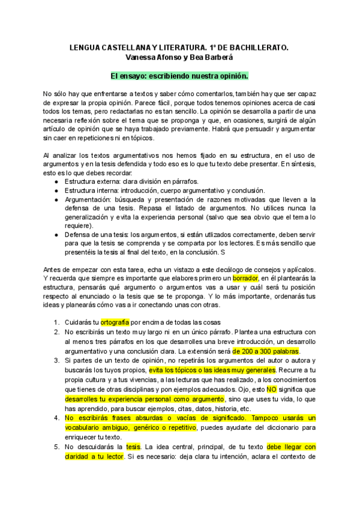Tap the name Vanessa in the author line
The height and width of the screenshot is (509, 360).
143,57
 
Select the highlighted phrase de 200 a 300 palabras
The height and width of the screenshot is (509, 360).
266,351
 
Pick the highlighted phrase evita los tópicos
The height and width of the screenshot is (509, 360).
177,370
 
